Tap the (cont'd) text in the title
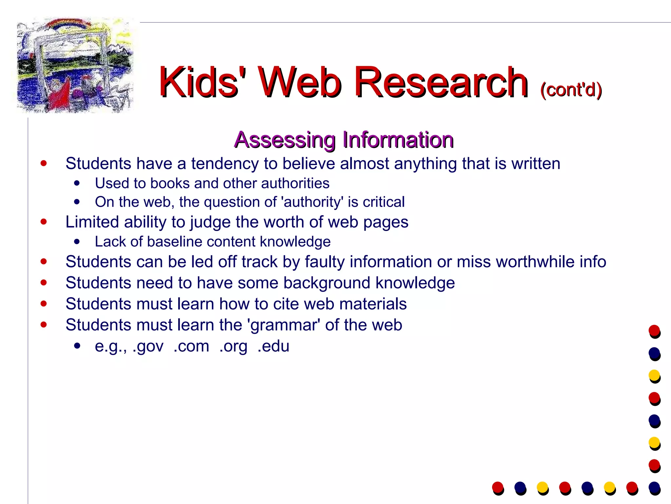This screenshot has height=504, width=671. point(571,89)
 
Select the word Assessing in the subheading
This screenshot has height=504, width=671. point(285,140)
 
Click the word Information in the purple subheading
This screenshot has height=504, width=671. point(398,140)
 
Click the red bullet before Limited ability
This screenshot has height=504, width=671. point(44,222)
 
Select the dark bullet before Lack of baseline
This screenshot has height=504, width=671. point(77,242)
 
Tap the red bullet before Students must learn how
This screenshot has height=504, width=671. point(44,304)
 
